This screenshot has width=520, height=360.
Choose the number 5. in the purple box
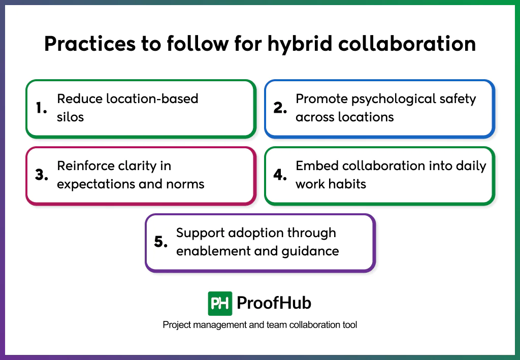pos(161,242)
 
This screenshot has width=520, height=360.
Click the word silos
pos(70,117)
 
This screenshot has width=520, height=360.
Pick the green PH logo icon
pos(220,303)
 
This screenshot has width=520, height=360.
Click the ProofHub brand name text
pos(274,303)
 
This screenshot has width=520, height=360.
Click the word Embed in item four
pos(317,166)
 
